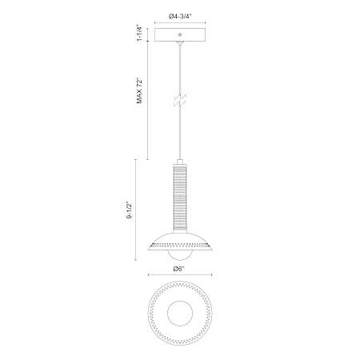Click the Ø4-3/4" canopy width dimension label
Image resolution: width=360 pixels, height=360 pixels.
click(180, 17)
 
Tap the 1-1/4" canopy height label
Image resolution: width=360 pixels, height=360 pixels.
click(139, 33)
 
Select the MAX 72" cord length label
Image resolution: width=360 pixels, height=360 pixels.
click(139, 90)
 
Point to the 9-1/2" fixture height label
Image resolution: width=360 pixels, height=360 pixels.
click(129, 210)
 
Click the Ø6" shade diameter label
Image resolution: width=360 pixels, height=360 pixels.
click(178, 269)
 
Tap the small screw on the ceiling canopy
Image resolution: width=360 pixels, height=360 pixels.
click(180, 34)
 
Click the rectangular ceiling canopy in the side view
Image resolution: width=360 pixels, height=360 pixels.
click(180, 34)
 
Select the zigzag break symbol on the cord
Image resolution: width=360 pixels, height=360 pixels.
click(180, 101)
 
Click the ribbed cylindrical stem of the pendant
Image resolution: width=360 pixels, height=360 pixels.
click(180, 199)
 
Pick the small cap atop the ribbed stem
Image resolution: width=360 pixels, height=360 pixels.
click(180, 162)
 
